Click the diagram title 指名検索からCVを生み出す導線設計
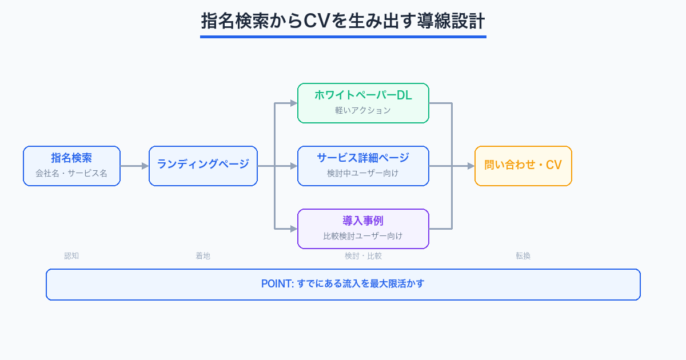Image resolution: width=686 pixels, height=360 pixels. (343, 21)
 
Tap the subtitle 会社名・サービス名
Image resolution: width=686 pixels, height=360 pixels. (71, 173)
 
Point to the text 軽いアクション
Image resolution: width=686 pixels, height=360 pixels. (363, 110)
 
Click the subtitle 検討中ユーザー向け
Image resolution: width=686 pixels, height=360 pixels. (363, 173)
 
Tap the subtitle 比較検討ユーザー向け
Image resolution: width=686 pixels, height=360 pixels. (363, 236)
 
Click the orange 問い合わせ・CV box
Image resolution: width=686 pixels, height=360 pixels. (523, 166)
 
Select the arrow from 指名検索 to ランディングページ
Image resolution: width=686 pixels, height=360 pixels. (134, 166)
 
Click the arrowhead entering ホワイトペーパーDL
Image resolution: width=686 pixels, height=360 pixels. (294, 103)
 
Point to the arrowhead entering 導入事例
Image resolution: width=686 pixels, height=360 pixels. (294, 229)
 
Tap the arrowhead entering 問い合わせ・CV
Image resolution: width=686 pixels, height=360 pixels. (471, 166)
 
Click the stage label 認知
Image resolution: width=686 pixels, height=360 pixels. (71, 256)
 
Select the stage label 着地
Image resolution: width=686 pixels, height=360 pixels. (203, 256)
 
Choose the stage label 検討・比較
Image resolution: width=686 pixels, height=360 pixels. (363, 256)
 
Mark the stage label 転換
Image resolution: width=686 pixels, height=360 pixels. (523, 256)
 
